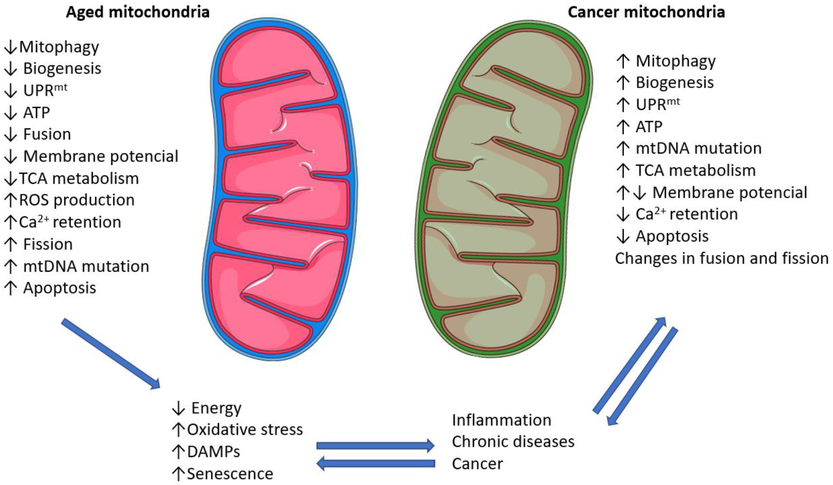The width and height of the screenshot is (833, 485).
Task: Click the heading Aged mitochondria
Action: coord(138,12)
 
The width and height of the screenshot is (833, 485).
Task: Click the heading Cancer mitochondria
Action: coord(646,12)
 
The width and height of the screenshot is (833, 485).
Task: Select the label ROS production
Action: coord(77,200)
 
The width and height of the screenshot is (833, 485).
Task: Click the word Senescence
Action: coord(230,474)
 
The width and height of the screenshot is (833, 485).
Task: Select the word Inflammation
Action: coord(501,420)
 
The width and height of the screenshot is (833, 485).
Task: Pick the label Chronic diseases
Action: coord(513,442)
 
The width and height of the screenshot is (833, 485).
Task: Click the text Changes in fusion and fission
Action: coord(722,258)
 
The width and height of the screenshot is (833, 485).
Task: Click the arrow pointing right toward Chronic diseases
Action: coord(375,446)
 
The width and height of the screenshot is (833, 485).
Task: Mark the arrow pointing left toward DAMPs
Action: coord(375,463)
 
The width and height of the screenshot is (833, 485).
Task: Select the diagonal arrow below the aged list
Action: coord(111,354)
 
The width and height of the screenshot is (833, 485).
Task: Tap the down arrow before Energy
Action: coord(178,409)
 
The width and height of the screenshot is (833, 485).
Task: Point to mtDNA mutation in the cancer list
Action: coord(699,148)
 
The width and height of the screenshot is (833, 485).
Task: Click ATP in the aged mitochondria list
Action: coord(36,113)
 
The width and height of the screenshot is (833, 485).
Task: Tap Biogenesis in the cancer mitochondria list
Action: coord(675,82)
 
